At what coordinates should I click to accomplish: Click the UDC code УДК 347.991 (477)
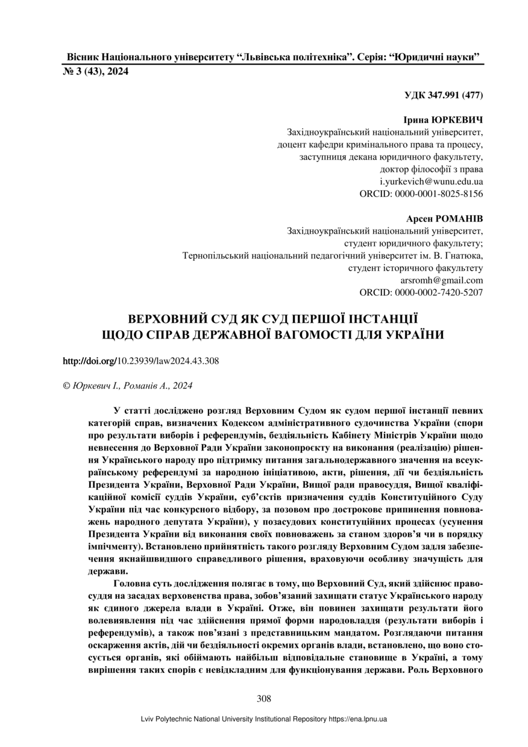coord(444,95)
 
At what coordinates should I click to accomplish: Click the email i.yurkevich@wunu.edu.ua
coord(431,181)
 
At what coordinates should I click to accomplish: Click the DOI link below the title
coord(140,361)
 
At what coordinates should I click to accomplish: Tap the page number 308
coord(263,699)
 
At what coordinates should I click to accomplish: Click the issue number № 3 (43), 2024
coord(96,71)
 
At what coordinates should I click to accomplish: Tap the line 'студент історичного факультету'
coord(416,267)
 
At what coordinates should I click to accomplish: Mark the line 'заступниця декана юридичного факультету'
coord(391,157)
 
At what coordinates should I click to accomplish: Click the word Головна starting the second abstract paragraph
coord(131,584)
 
